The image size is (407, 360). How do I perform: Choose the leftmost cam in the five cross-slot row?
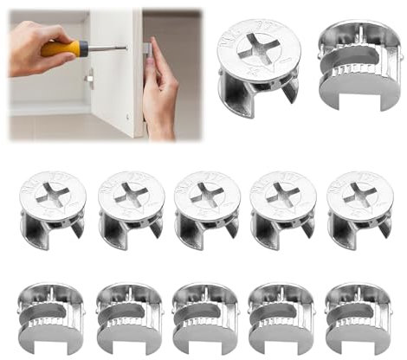click(52, 212)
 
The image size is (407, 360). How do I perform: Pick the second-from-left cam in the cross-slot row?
click(128, 212)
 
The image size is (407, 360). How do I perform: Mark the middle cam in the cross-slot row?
click(204, 212)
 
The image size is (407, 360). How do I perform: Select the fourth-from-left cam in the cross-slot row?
click(282, 212)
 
